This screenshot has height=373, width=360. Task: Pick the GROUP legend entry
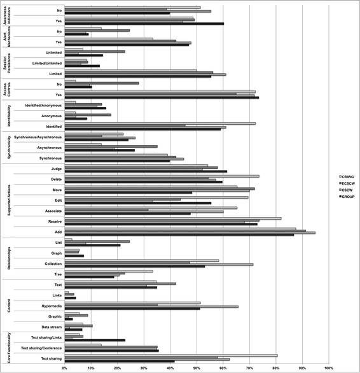tap(347, 197)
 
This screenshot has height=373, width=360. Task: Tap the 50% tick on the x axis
tap(197, 368)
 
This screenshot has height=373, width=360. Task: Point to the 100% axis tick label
tap(328, 368)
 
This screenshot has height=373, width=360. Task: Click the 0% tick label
tap(64, 368)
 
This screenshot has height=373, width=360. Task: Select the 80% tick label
tap(275, 368)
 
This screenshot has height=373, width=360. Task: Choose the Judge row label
tap(55, 169)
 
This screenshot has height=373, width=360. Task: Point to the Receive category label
tap(53, 221)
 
